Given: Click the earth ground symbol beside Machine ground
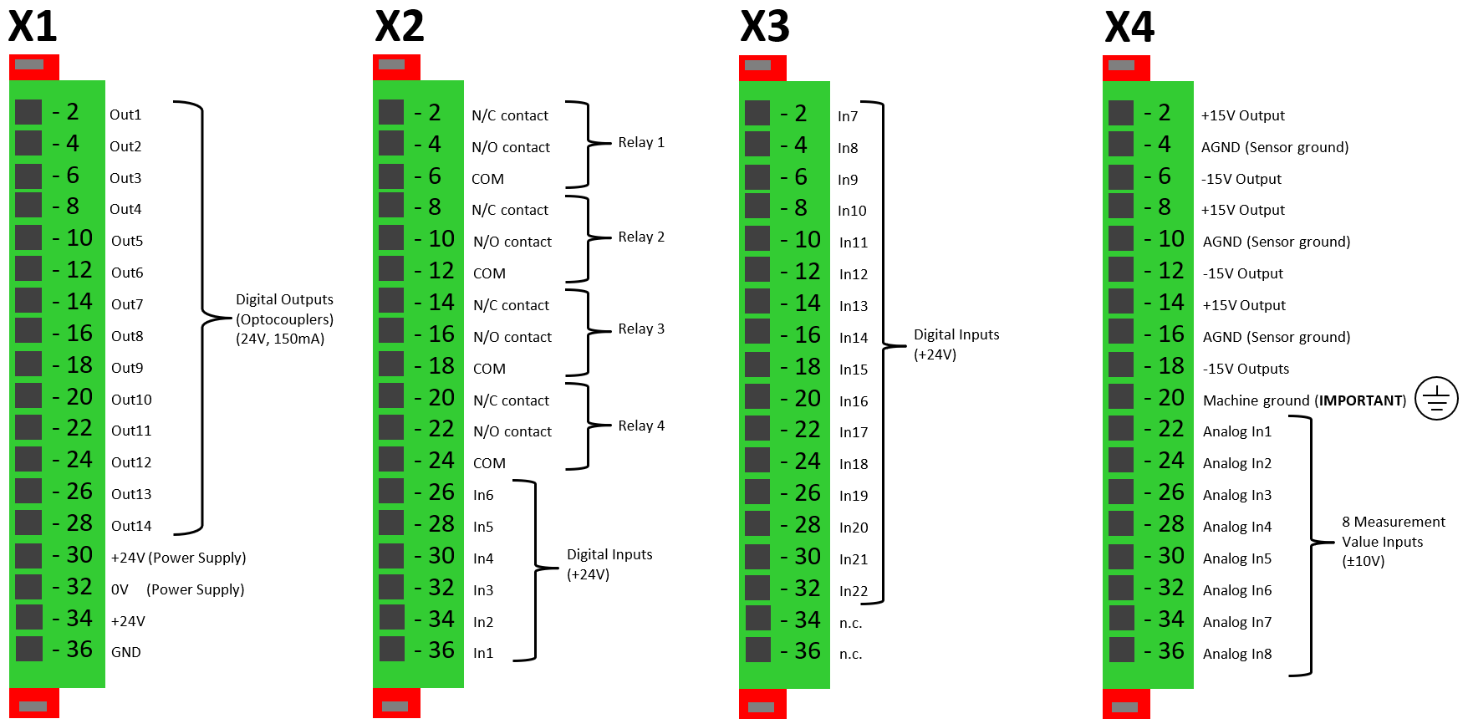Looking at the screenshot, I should click(1436, 398).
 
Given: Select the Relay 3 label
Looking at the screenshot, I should click(641, 329).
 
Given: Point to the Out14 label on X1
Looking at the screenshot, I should click(131, 526).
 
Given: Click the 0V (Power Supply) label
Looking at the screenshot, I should click(177, 589).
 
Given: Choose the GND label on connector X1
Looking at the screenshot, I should click(126, 652).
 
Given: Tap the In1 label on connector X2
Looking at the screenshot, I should click(483, 653).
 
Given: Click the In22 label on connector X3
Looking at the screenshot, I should click(854, 591).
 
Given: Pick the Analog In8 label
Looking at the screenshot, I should click(1237, 654).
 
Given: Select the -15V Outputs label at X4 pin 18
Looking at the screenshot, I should click(1246, 369).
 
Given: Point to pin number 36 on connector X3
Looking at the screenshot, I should click(808, 651).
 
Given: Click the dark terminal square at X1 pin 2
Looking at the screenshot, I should click(28, 112).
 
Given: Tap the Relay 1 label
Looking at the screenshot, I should click(641, 142).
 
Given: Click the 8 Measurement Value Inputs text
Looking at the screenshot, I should click(1393, 541).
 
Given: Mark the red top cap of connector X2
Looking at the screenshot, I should click(396, 66).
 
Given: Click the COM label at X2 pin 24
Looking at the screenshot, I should click(489, 463).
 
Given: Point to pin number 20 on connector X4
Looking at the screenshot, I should click(1171, 398).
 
